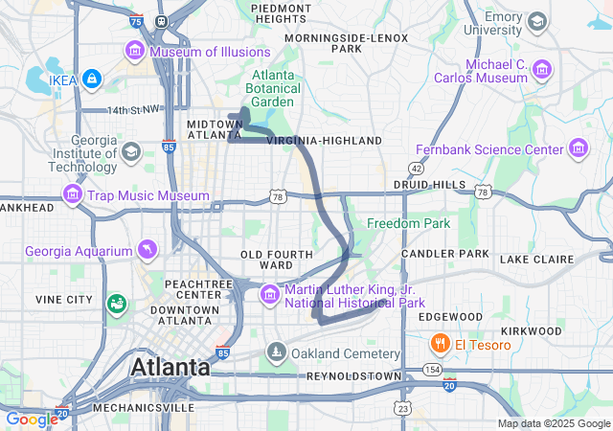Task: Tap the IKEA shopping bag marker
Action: coord(91,77)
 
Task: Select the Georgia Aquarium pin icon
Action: coord(148,251)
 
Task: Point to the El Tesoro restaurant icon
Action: coord(440,344)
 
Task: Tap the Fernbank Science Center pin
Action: coord(579,150)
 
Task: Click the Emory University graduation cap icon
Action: coord(537,21)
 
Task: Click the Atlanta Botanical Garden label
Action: coord(275,89)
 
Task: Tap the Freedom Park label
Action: coord(404,223)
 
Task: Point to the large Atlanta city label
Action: coord(170,367)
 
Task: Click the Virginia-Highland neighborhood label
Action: coord(324,141)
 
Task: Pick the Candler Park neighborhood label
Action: coord(445,254)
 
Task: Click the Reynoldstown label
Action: coord(353,376)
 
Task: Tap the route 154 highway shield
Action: coord(432,369)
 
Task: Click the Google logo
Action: coord(32,419)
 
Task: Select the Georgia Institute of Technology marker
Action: coord(130,152)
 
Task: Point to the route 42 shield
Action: coord(415,168)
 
